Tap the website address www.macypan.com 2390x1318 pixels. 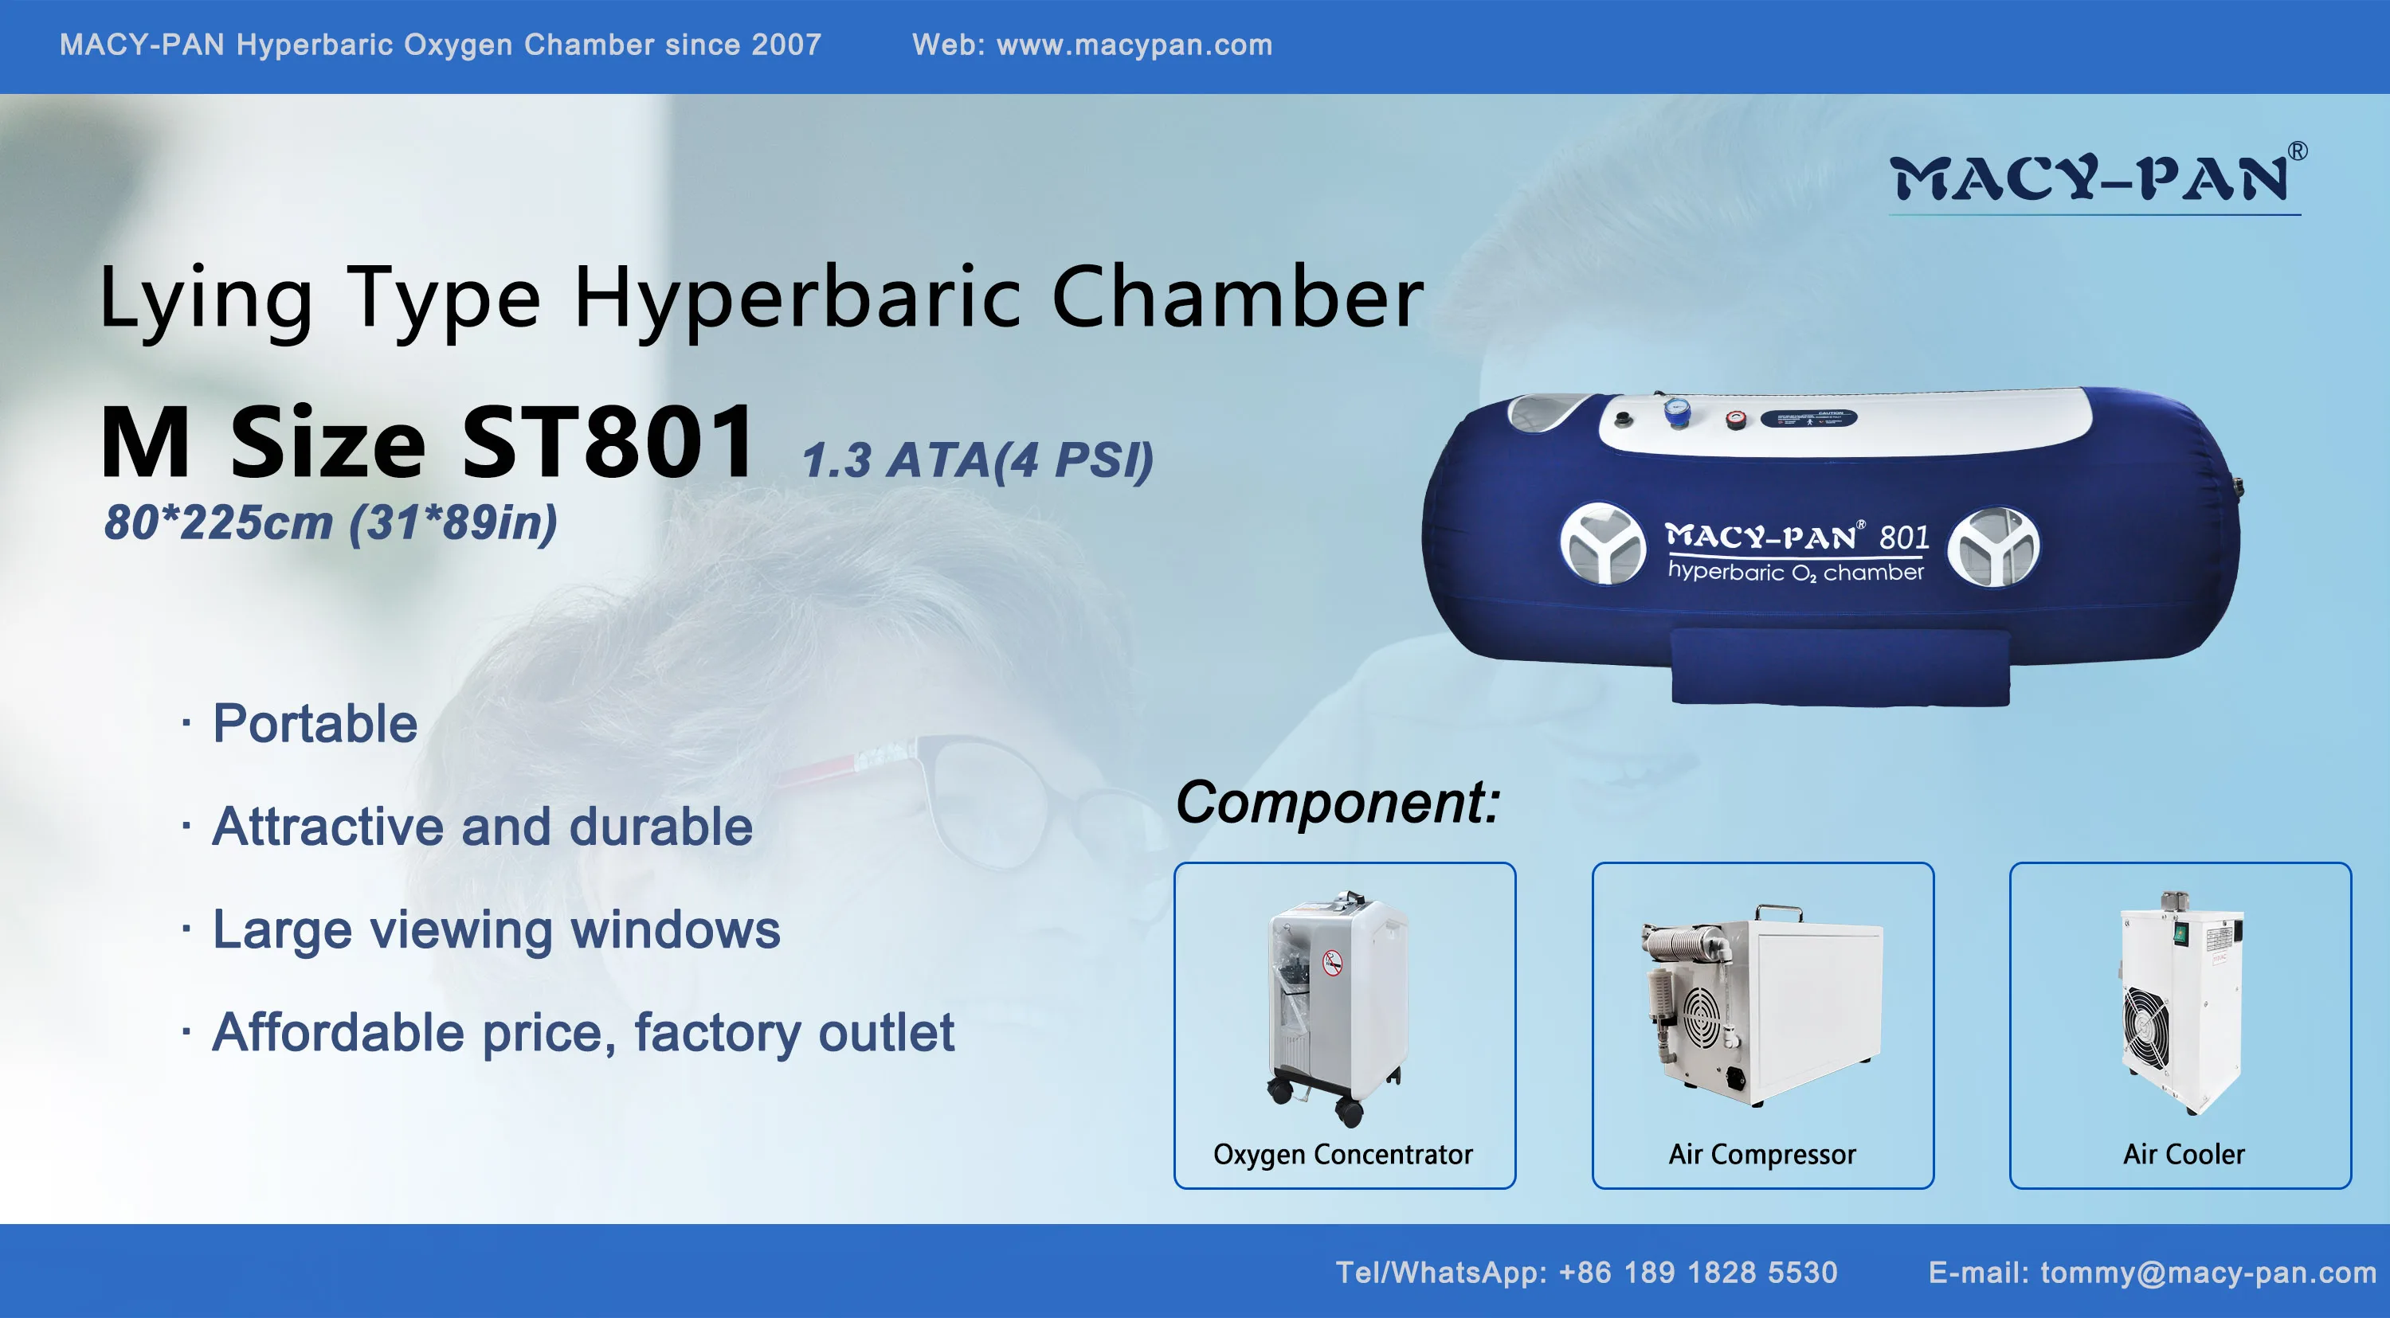1134,45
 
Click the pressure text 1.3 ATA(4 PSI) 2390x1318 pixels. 977,460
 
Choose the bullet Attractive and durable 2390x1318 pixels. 483,827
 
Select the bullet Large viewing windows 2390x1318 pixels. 496,929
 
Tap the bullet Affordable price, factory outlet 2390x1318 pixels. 582,1032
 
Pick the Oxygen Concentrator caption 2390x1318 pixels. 1342,1154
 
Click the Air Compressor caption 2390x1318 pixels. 1762,1154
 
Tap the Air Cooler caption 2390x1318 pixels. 2183,1154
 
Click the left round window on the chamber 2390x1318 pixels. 1601,545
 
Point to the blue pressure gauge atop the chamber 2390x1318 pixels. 1675,410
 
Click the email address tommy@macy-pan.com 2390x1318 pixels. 2208,1272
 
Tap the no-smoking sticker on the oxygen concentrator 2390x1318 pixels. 1332,963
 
